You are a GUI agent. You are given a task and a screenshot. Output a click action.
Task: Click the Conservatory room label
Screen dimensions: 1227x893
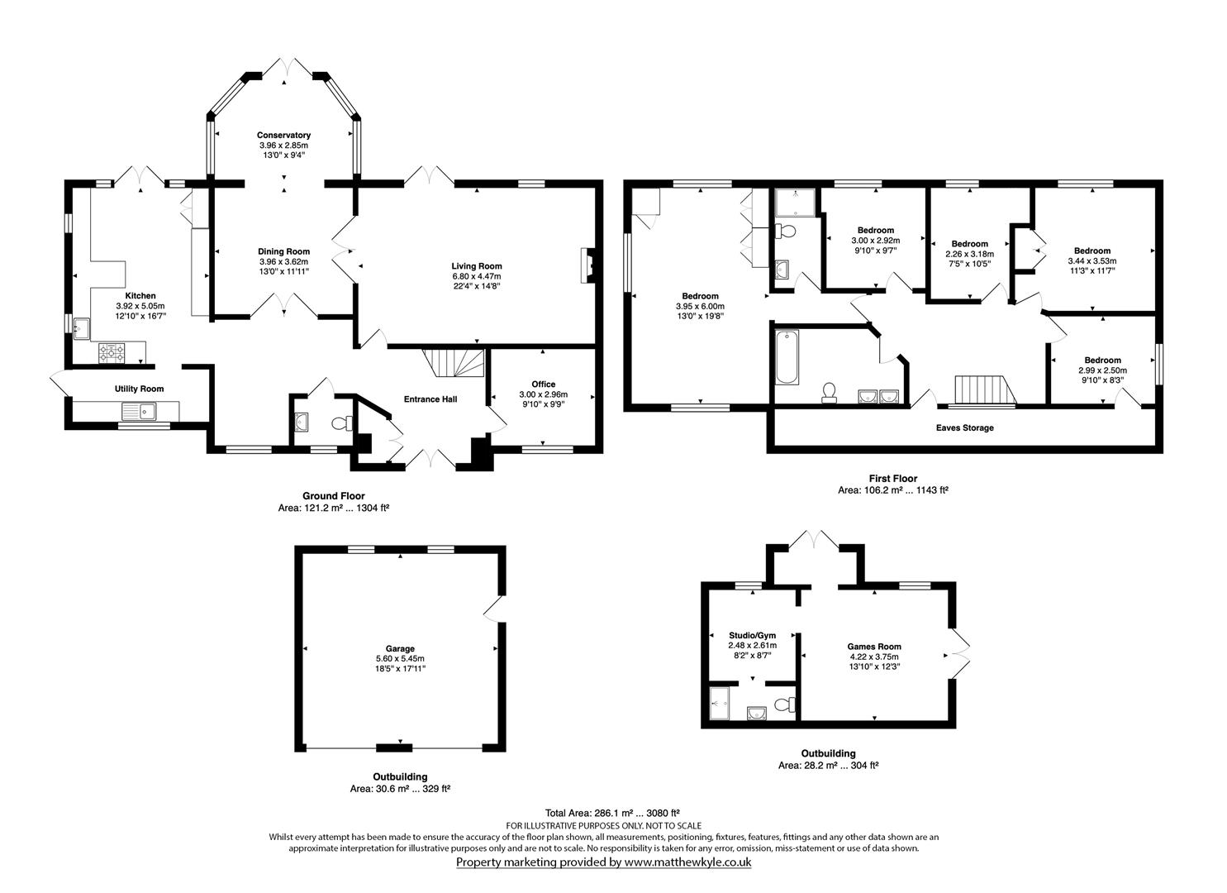point(283,135)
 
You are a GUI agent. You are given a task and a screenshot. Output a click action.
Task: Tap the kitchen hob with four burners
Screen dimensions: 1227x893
point(112,353)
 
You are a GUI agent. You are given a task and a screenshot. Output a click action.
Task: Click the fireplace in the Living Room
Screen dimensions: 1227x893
point(588,266)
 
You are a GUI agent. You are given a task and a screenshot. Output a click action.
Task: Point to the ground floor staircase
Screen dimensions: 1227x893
point(454,363)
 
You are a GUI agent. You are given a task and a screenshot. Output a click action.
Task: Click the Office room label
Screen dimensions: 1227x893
point(544,384)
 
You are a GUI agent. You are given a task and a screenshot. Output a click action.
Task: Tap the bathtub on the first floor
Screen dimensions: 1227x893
point(787,357)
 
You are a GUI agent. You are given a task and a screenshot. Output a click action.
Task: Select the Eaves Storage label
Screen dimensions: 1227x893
point(964,427)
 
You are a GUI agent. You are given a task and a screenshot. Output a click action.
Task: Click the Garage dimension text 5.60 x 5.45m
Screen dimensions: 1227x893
point(400,658)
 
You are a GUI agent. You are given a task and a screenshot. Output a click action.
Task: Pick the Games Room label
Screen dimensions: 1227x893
point(874,647)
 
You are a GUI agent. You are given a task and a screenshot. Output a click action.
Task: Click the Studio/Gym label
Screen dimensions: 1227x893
point(752,635)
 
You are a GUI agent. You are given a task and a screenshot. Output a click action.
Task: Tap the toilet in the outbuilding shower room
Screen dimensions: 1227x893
point(785,704)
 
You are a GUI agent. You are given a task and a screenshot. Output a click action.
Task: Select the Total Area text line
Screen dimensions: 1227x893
point(612,813)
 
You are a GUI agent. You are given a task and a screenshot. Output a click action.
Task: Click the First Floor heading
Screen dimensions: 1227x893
point(893,478)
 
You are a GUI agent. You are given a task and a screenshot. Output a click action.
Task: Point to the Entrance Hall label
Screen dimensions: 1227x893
point(430,399)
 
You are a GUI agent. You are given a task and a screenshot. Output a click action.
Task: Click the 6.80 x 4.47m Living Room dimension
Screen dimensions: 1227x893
point(477,276)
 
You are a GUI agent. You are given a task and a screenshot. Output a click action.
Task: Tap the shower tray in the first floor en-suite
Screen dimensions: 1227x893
point(795,203)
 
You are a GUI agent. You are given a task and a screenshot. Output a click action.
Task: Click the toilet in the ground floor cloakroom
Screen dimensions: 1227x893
point(342,423)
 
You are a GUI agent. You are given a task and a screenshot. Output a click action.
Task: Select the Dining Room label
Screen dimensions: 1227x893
point(283,251)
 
